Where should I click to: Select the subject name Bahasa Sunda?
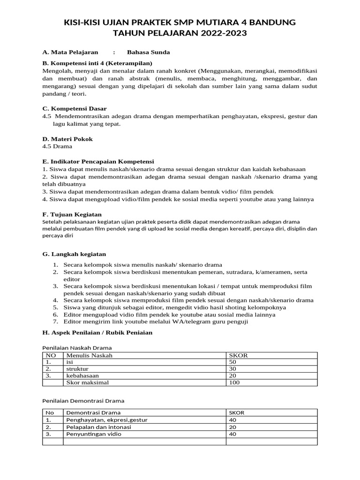point(148,52)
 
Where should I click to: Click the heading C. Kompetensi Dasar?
point(74,108)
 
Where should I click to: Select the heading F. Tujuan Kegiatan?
point(72,214)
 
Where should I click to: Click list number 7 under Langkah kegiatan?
point(55,322)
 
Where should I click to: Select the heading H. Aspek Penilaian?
point(97,332)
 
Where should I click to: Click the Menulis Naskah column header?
point(89,355)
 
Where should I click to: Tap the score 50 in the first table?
point(232,362)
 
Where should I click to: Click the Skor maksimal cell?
point(87,382)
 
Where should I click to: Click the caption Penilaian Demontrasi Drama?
point(83,401)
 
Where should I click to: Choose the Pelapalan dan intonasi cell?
point(98,427)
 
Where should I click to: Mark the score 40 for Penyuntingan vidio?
point(232,434)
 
